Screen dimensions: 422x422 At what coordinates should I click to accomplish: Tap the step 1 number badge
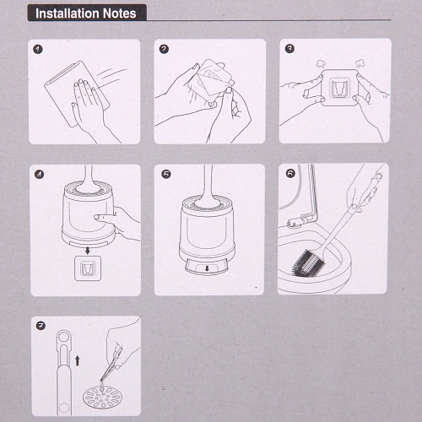tap(38, 49)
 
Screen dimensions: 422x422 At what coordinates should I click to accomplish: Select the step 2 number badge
tap(164, 49)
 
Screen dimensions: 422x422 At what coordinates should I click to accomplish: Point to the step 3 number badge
tap(289, 48)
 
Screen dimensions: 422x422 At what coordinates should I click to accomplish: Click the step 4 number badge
tap(39, 175)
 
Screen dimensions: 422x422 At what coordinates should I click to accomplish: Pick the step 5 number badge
tap(166, 174)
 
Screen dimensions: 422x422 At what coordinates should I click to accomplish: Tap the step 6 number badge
tap(290, 173)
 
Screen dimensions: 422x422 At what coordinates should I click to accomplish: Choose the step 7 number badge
tap(41, 326)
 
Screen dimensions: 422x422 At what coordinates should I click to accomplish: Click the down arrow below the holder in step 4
tap(88, 251)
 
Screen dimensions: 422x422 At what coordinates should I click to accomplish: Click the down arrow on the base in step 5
tap(207, 268)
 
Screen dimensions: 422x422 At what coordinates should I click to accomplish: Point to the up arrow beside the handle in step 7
tap(78, 360)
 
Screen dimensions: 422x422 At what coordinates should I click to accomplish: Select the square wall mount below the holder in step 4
tap(88, 268)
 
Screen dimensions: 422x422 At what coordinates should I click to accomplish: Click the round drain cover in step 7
tap(102, 397)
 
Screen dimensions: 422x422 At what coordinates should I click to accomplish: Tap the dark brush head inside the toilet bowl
tap(309, 262)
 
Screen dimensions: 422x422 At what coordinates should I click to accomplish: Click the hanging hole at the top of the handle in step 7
tap(64, 337)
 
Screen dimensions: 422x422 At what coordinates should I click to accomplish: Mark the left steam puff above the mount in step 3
tap(321, 64)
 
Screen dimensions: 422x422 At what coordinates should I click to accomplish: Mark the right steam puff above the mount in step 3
tap(360, 64)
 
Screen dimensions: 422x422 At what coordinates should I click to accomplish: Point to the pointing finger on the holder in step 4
tap(105, 217)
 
